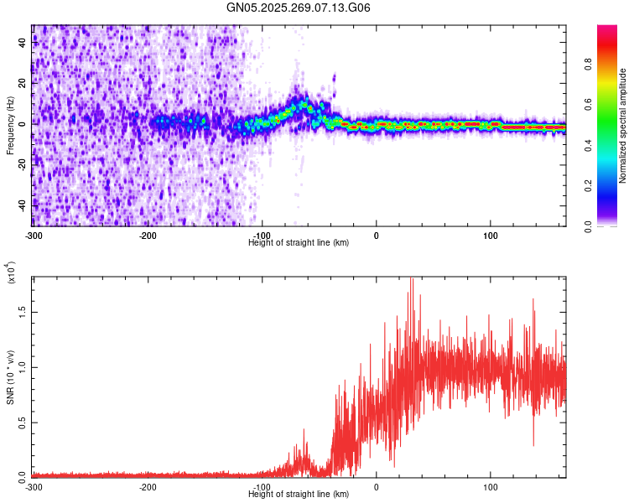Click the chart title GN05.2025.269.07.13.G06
click(299, 8)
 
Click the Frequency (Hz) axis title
click(10, 125)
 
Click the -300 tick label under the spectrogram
click(34, 234)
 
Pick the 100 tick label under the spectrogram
click(491, 234)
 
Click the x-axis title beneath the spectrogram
click(299, 242)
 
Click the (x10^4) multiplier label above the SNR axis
click(12, 273)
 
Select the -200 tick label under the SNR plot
click(148, 486)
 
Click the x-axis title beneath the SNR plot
click(299, 495)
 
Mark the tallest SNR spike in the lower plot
click(411, 280)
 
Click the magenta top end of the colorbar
click(607, 29)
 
